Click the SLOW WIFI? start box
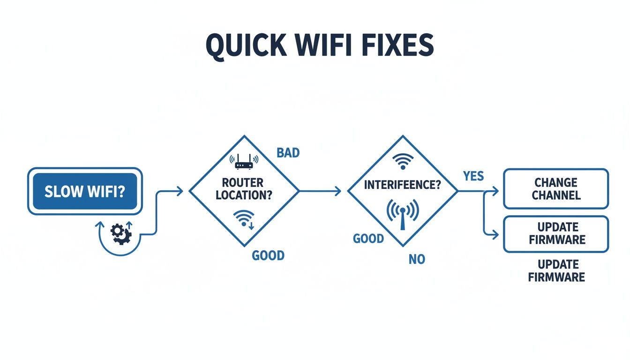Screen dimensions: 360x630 tap(84, 191)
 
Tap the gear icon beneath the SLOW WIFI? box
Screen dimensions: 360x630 tap(120, 233)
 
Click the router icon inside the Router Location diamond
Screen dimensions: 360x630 tap(243, 162)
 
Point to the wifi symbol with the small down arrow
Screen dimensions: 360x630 tap(245, 219)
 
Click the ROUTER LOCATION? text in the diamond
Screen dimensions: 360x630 tap(244, 188)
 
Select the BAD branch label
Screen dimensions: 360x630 tap(288, 153)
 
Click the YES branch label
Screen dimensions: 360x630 tap(473, 176)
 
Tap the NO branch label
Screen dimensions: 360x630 tap(417, 259)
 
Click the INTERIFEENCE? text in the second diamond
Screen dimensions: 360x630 tap(402, 185)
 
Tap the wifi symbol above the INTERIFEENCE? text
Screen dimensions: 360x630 tap(402, 161)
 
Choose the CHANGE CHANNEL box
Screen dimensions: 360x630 tap(556, 188)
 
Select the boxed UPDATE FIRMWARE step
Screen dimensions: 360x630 tap(556, 233)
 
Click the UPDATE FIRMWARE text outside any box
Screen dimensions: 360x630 tap(556, 270)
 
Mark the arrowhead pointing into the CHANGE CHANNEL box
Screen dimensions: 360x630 tap(495, 191)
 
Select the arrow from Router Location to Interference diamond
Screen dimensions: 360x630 tap(321, 191)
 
